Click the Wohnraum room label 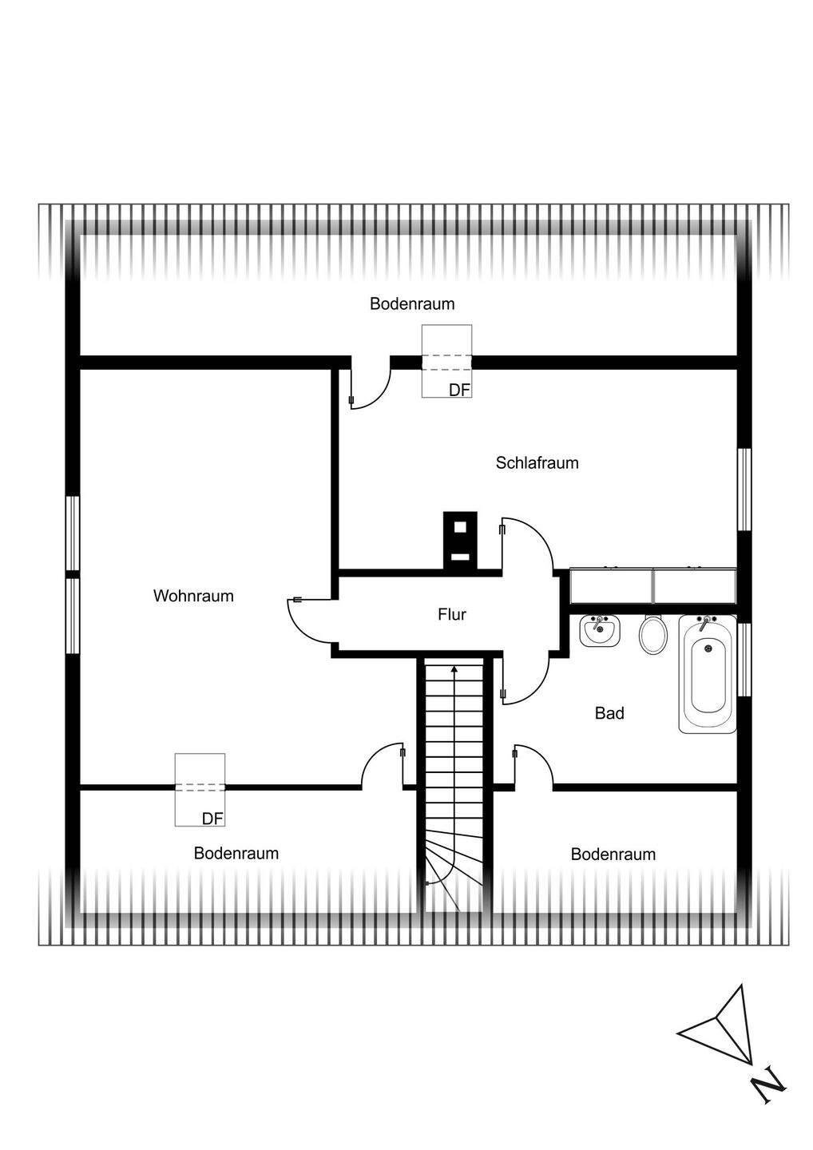(x=193, y=596)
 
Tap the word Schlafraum (x=537, y=463)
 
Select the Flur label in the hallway (x=451, y=614)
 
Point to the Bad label (x=609, y=713)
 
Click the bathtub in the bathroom (x=708, y=673)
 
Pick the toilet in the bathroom (x=653, y=635)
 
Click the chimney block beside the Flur (x=460, y=540)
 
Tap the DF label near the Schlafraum (x=459, y=390)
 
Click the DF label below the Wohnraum (x=212, y=819)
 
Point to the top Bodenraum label (x=412, y=303)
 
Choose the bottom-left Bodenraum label (x=236, y=853)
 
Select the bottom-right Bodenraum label (x=613, y=855)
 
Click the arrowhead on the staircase (x=454, y=670)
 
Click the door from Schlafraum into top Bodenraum (x=369, y=387)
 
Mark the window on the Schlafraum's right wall (x=744, y=489)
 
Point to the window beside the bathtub (x=744, y=659)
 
